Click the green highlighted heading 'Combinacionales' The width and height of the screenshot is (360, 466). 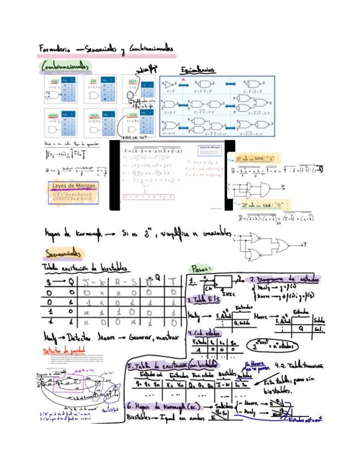(65, 66)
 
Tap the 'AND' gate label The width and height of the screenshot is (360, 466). (54, 81)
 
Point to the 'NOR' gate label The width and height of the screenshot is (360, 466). (94, 115)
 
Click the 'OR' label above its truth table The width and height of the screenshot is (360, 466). (93, 81)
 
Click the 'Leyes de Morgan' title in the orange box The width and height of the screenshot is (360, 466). (73, 186)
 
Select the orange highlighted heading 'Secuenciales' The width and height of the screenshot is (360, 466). (65, 253)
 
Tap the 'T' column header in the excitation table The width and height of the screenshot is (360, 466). (174, 282)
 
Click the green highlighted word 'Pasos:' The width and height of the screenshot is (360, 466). (203, 269)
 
